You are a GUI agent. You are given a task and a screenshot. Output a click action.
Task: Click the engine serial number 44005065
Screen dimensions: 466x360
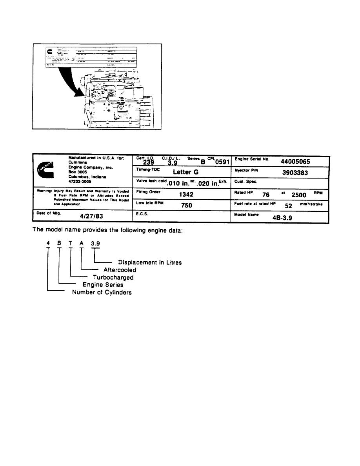[x=296, y=162]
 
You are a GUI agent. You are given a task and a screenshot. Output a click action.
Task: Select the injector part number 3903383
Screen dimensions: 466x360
[x=295, y=172]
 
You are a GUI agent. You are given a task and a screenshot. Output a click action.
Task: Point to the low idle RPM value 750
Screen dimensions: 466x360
[x=186, y=205]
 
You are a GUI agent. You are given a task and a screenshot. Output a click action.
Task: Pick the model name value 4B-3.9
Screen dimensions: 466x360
[x=284, y=217]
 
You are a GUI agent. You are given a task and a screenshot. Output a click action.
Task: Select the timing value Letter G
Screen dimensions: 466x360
[x=185, y=172]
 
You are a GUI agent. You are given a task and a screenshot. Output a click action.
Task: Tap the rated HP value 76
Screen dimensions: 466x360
[x=265, y=195]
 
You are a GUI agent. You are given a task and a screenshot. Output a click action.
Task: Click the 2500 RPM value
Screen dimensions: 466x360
[x=299, y=195]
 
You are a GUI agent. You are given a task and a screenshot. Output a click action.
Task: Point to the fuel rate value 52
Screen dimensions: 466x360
[x=289, y=206]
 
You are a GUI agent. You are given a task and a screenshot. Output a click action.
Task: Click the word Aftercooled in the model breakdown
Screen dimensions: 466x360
[x=120, y=270]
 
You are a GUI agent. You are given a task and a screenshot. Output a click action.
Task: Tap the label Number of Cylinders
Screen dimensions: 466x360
[x=102, y=292]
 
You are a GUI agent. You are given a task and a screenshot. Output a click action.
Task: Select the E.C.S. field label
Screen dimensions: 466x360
[x=142, y=215]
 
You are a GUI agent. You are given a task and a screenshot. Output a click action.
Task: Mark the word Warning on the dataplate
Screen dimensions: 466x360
[x=42, y=191]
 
